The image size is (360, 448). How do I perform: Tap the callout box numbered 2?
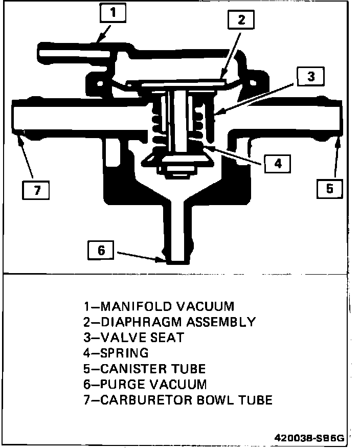tap(241, 20)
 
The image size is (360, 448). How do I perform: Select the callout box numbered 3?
tap(310, 77)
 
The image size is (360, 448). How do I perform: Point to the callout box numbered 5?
tap(329, 188)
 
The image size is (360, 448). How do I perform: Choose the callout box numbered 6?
tap(101, 250)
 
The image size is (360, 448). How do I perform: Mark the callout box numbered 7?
tap(37, 190)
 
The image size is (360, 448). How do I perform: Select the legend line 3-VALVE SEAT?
tap(133, 338)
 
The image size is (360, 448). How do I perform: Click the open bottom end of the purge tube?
tap(177, 261)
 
